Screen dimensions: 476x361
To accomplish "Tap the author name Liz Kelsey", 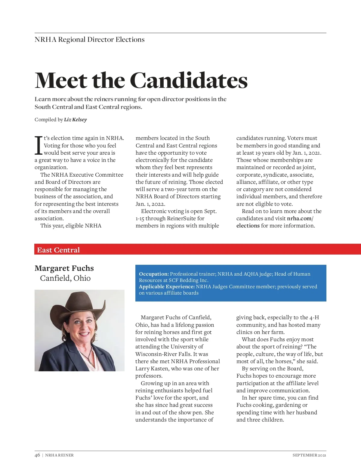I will (75, 120).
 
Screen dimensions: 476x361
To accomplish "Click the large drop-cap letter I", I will (38, 146).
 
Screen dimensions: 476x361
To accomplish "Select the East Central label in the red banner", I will (58, 250).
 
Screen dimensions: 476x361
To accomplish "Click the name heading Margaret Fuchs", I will (64, 268).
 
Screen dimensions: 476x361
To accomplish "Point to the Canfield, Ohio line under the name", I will (65, 278).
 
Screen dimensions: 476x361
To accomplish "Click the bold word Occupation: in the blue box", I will (154, 274).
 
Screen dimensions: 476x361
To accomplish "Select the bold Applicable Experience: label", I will (167, 286).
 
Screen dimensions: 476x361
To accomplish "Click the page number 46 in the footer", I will (37, 455).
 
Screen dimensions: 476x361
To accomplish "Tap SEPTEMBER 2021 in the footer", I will (309, 455).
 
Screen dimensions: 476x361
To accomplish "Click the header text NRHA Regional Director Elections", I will (90, 40).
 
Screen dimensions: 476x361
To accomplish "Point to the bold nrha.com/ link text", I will (300, 218).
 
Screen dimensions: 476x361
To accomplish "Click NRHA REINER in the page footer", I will (59, 455).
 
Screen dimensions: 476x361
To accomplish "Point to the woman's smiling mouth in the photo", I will (84, 334).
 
